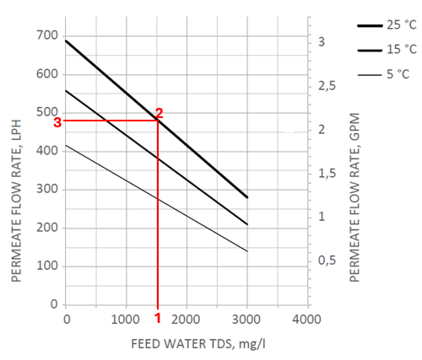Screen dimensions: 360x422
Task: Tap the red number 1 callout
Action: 157,318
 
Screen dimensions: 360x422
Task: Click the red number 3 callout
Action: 57,121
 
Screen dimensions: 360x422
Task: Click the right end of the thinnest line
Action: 246,250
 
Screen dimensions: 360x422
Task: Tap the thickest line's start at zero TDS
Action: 66,41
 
